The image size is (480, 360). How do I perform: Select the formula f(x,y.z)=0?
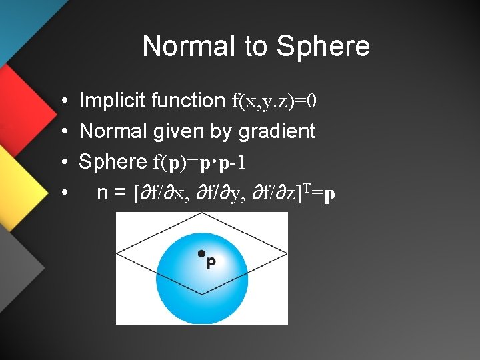tap(274, 101)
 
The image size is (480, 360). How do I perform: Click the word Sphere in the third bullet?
tap(113, 161)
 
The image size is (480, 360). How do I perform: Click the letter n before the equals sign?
tap(103, 193)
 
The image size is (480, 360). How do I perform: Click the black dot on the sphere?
tap(201, 253)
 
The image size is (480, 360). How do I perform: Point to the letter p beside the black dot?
tap(211, 263)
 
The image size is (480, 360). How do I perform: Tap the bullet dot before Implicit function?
tap(61, 101)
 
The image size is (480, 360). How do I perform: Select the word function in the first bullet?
tap(189, 101)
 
